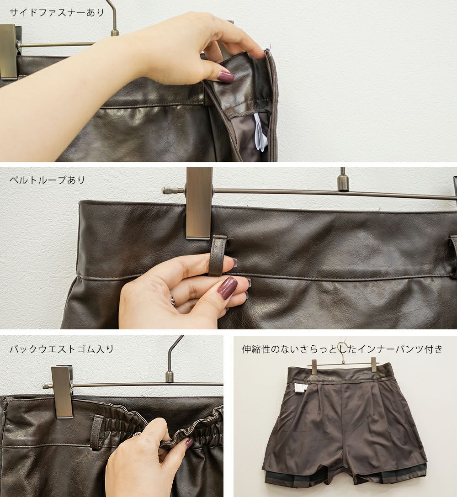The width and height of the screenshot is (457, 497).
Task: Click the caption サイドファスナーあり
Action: click(x=57, y=13)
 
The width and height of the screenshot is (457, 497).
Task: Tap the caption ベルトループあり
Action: click(x=47, y=180)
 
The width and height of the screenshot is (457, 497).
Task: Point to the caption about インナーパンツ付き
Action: click(x=342, y=349)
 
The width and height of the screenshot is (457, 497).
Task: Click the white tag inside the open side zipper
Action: click(x=260, y=132)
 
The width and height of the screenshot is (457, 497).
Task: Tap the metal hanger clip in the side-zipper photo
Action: click(x=8, y=52)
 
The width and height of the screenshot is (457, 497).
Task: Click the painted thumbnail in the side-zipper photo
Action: click(x=225, y=77)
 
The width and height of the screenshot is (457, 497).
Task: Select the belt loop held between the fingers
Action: click(x=218, y=255)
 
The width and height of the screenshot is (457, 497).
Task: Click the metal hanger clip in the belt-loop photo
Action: click(x=198, y=203)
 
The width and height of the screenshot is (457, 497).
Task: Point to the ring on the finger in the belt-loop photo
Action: click(x=172, y=299)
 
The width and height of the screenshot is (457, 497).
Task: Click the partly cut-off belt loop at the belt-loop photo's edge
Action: click(x=453, y=242)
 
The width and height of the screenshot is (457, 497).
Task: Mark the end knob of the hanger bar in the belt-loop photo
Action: click(x=165, y=190)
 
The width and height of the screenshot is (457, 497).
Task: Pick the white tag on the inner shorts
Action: click(x=298, y=387)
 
